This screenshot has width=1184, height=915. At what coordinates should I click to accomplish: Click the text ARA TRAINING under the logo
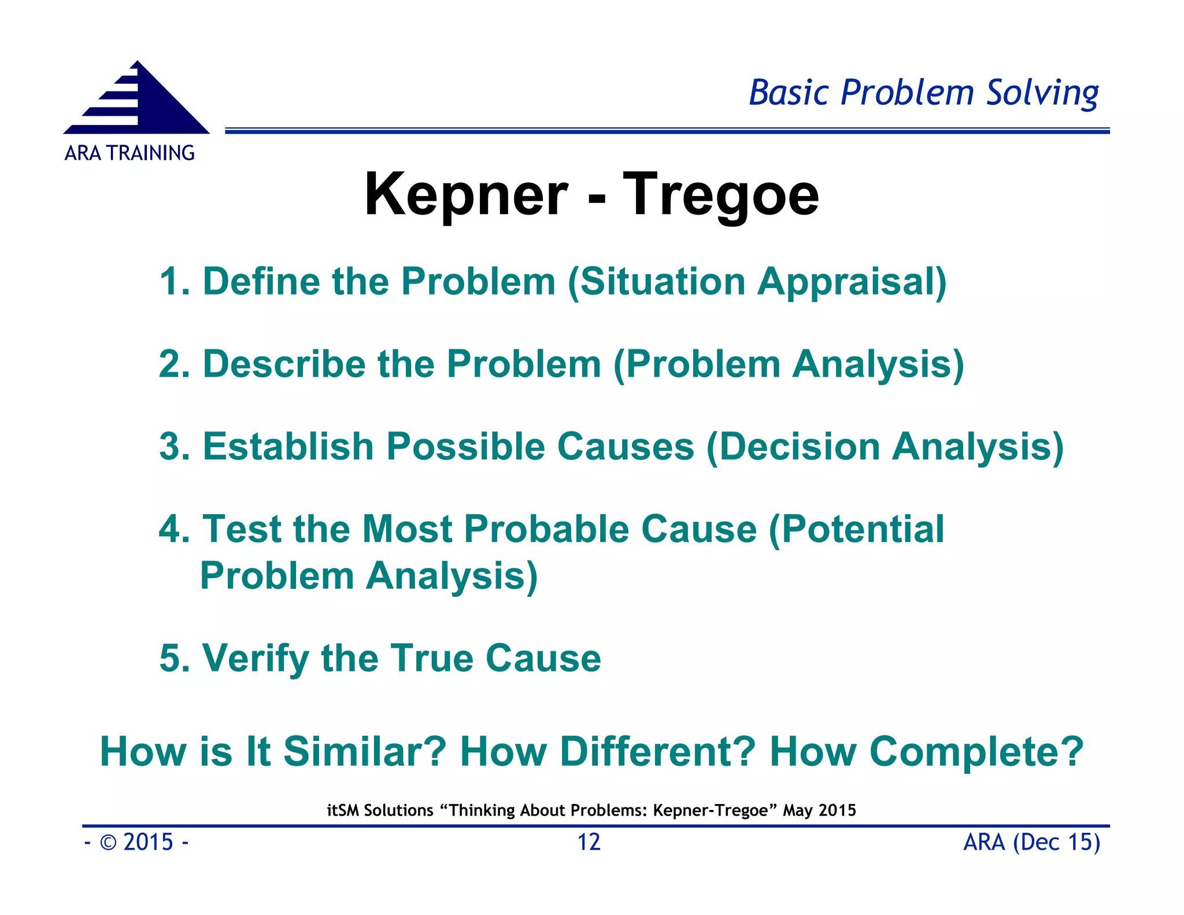pos(129,153)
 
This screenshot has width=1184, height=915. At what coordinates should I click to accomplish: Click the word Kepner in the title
pos(466,195)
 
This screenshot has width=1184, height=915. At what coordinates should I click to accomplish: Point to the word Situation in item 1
pos(663,282)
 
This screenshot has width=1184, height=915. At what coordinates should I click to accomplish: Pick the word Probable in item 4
pos(546,529)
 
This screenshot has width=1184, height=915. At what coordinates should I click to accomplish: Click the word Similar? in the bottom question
pos(365,752)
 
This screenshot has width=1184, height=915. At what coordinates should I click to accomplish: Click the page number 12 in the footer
pos(589,842)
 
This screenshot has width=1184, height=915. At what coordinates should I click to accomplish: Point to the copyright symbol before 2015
pos(108,843)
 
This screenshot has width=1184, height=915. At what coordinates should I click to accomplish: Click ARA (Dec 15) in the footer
pos(1031,842)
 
